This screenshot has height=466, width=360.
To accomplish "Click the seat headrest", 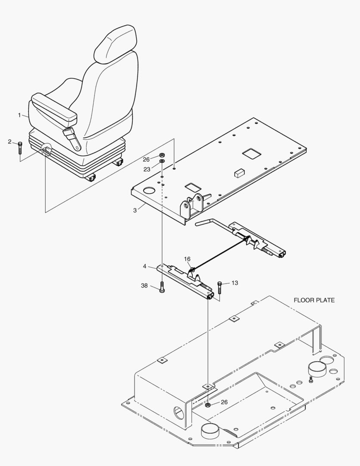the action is [x=116, y=44].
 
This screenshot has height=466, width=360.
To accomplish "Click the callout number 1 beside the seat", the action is [x=19, y=115].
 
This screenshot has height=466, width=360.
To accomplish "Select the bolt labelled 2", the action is [x=20, y=148].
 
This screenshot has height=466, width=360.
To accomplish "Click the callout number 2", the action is [x=9, y=142].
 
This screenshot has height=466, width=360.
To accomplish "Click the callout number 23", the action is [x=147, y=170].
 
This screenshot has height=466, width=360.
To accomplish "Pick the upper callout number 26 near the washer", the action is [x=146, y=160].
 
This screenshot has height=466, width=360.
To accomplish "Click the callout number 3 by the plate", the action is [x=135, y=211].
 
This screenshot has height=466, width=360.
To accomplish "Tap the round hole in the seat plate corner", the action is [x=150, y=190].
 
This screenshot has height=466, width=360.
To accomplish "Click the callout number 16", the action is [x=187, y=259].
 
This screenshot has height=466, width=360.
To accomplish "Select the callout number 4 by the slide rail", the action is [x=145, y=266].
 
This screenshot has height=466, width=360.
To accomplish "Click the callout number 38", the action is [x=144, y=286].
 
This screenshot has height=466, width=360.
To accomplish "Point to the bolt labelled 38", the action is [x=162, y=287].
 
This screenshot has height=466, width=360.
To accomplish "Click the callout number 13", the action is [x=235, y=283].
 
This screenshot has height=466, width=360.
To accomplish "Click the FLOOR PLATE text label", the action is [x=314, y=300].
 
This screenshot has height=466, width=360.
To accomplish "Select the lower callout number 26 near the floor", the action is [x=224, y=402].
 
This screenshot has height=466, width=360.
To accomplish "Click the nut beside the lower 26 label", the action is [x=208, y=405].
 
